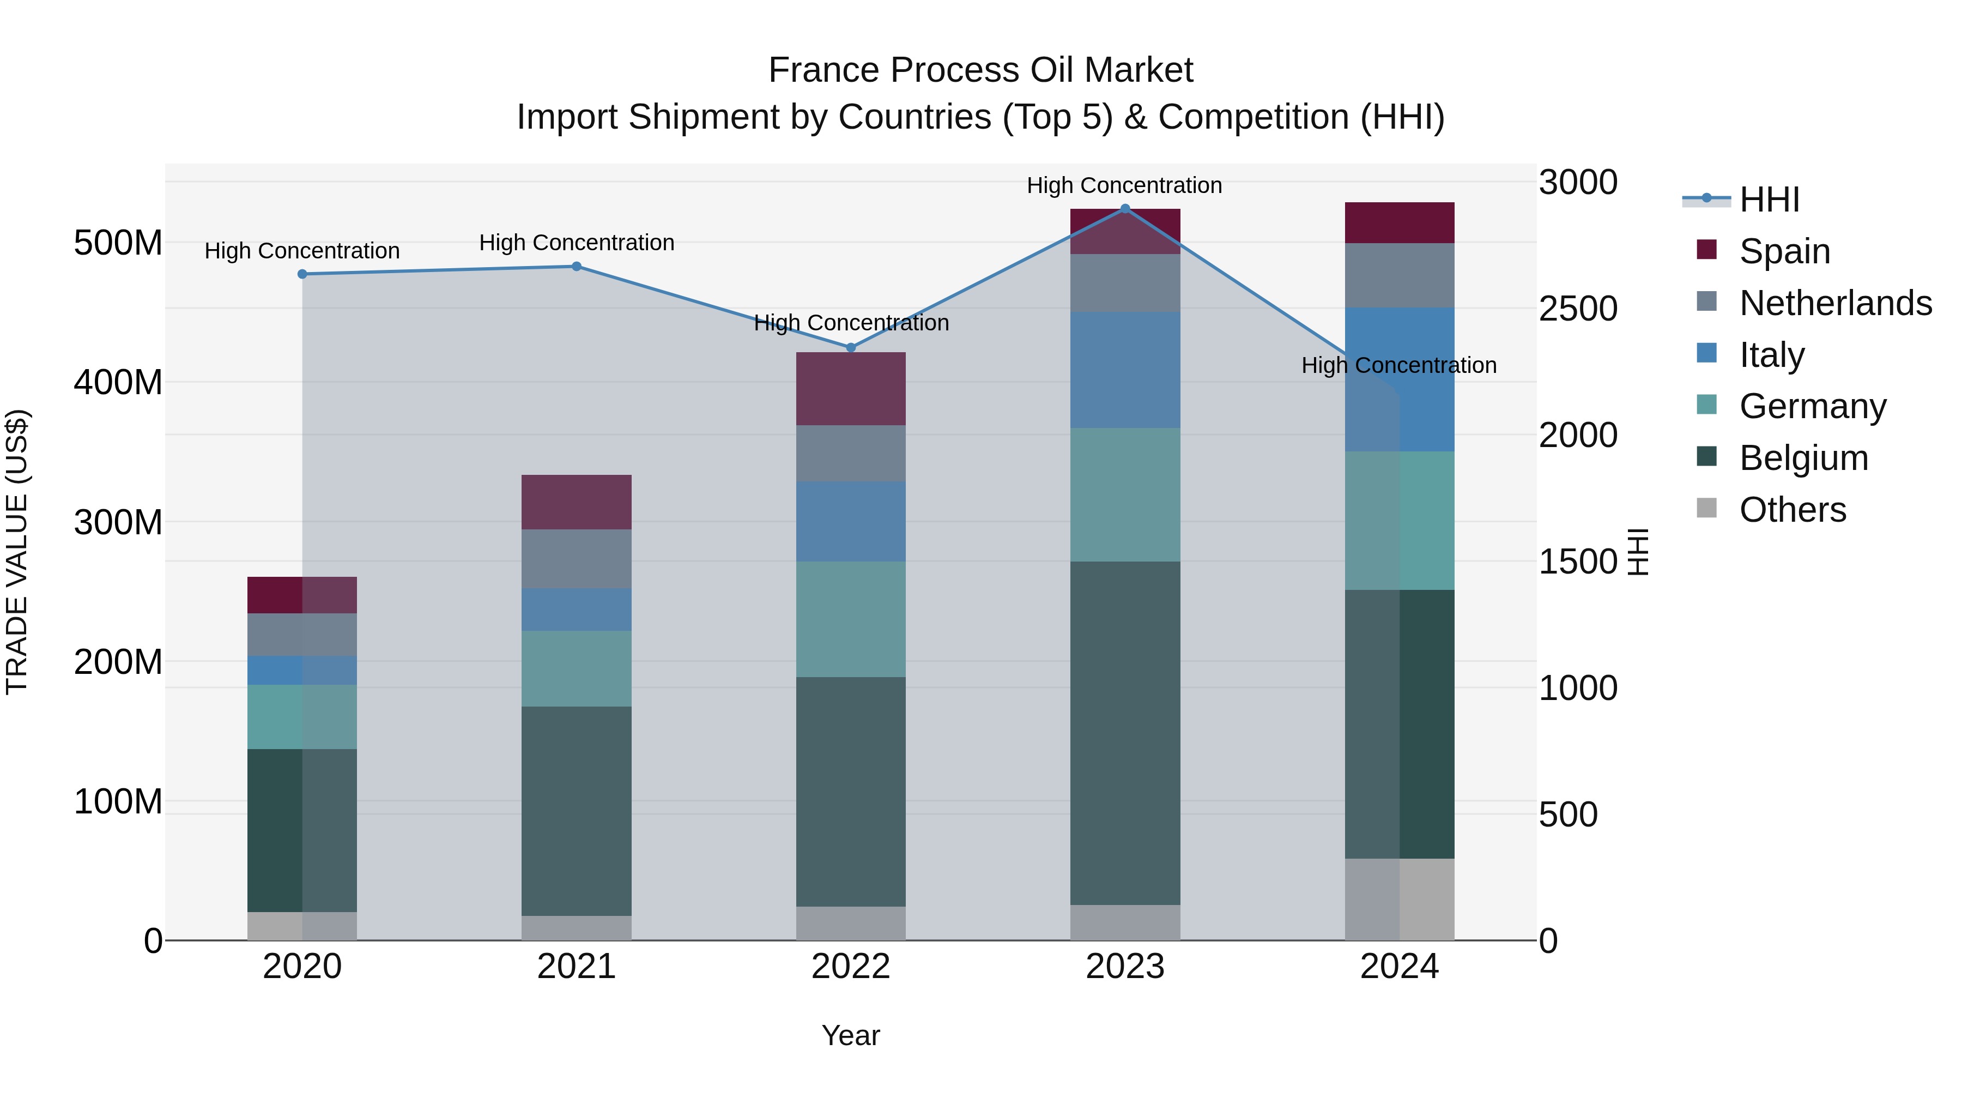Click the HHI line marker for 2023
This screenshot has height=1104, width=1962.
(x=1125, y=209)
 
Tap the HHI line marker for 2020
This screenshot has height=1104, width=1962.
(x=302, y=274)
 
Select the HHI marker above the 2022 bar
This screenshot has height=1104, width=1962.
(x=851, y=347)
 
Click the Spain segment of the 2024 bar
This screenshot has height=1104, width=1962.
(x=1399, y=222)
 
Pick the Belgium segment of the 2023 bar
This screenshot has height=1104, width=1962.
(x=1125, y=733)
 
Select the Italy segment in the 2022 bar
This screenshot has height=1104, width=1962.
(x=851, y=521)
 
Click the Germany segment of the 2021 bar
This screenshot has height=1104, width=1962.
(x=577, y=668)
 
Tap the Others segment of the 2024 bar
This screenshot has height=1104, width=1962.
(x=1399, y=899)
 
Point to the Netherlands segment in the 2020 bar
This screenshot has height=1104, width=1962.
(x=302, y=635)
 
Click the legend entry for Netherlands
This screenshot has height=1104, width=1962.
(x=1835, y=303)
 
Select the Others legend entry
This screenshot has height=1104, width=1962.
(x=1791, y=510)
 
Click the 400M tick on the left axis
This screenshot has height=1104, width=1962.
(x=118, y=383)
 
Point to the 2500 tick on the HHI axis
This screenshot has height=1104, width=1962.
(x=1577, y=309)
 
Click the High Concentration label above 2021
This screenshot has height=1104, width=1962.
(x=577, y=243)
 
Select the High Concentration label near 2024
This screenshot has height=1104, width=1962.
(x=1398, y=366)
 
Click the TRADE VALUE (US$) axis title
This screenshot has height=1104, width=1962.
(x=17, y=552)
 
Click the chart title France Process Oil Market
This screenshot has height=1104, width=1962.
(x=980, y=70)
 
